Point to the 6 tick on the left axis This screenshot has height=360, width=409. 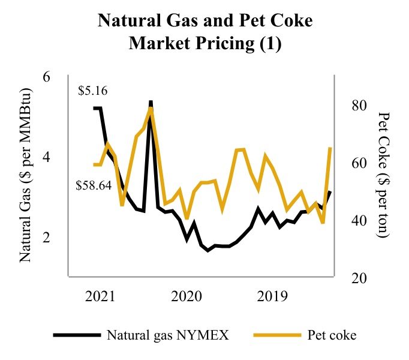pos(46,77)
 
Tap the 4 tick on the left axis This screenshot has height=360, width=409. pos(46,157)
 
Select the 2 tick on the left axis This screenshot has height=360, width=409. pos(46,237)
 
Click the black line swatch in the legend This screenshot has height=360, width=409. pos(77,334)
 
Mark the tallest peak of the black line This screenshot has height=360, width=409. pos(151,102)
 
